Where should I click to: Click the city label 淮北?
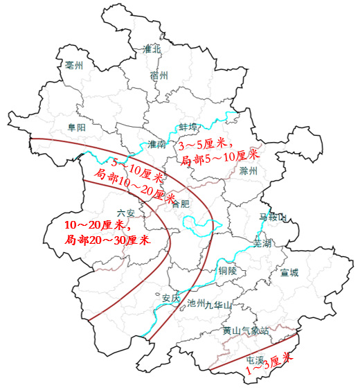151,49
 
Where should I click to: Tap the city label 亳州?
74,66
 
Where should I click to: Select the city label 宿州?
159,76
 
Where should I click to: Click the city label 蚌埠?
188,127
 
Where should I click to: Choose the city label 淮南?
156,145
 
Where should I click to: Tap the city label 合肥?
180,204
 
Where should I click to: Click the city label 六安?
125,213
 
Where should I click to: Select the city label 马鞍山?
272,218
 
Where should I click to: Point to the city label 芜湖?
264,244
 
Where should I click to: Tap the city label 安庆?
171,299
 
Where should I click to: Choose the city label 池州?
197,303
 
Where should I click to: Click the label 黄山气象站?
245,330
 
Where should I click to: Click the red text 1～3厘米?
271,364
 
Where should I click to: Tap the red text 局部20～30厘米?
107,240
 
